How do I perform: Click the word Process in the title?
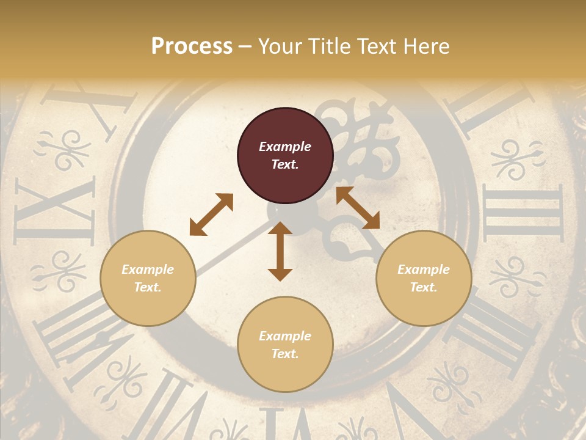point(192,46)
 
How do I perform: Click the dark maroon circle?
point(285,156)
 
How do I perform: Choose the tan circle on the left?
point(148,278)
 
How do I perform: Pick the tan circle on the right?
point(424,278)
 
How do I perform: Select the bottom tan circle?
point(285,344)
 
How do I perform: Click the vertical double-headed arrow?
point(280,251)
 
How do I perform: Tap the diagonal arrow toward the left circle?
point(211,215)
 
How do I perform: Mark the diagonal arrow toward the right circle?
point(358,208)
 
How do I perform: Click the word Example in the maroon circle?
point(285,147)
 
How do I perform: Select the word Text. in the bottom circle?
point(284,354)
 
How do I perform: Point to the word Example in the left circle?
point(148,269)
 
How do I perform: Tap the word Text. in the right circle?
point(424,287)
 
